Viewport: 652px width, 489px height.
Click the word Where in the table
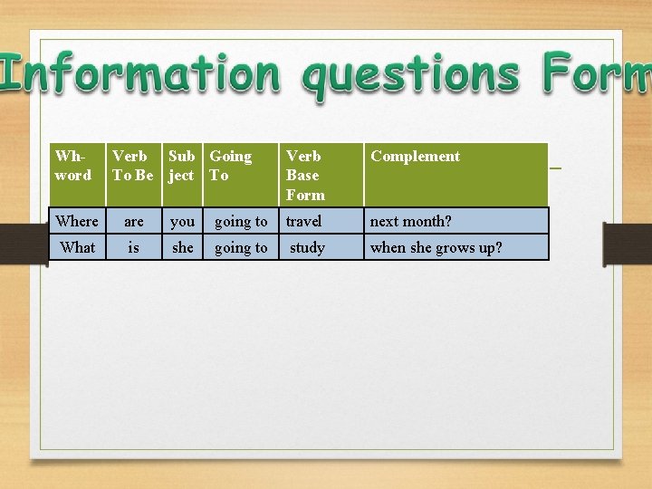click(x=77, y=221)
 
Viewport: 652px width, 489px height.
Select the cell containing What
click(x=78, y=247)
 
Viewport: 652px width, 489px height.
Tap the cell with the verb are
click(x=134, y=221)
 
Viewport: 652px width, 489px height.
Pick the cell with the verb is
click(x=134, y=247)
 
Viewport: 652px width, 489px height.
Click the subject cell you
click(x=183, y=221)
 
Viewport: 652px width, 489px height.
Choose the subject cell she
click(x=183, y=247)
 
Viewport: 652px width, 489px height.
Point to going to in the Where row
click(x=241, y=221)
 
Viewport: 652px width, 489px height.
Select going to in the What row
click(x=241, y=247)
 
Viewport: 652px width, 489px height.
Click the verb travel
click(x=303, y=221)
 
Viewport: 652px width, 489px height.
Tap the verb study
click(x=307, y=247)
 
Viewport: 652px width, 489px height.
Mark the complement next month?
click(x=410, y=221)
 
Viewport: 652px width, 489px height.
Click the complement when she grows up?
click(x=436, y=247)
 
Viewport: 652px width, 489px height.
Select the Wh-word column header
click(x=73, y=166)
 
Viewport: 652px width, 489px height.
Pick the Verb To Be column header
click(x=133, y=166)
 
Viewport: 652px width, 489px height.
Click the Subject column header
click(x=182, y=166)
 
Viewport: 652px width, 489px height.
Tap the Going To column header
click(x=230, y=166)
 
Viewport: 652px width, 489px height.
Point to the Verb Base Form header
click(x=304, y=175)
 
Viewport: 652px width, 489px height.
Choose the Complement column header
click(x=415, y=157)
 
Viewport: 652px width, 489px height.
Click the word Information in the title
click(x=140, y=74)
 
